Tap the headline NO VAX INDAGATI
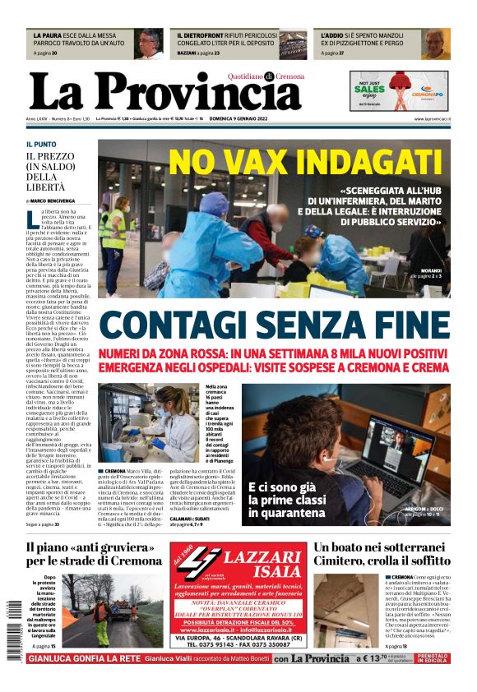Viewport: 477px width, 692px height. (305, 162)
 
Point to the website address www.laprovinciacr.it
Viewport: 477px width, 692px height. (432, 119)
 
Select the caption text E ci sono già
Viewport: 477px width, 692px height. (282, 466)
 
